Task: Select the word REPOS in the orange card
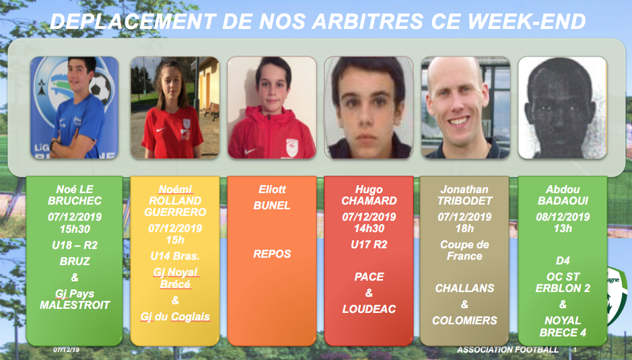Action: [x=272, y=254]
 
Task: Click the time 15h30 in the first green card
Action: [x=75, y=229]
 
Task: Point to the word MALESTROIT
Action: [x=75, y=305]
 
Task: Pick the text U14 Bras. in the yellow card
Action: [x=175, y=256]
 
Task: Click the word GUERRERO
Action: [x=176, y=212]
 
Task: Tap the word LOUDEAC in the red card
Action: [x=370, y=310]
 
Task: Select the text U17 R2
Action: [x=370, y=245]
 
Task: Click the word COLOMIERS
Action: [x=464, y=320]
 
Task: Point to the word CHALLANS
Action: [x=464, y=288]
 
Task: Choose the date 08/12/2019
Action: [x=563, y=217]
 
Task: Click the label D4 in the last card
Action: [x=563, y=261]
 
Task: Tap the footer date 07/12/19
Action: [x=67, y=350]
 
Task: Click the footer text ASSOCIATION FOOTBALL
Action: [x=508, y=350]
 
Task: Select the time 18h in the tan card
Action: [x=464, y=229]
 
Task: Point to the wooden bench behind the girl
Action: [x=212, y=111]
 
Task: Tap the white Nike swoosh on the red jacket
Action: [x=250, y=151]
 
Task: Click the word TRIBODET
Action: [x=464, y=201]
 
